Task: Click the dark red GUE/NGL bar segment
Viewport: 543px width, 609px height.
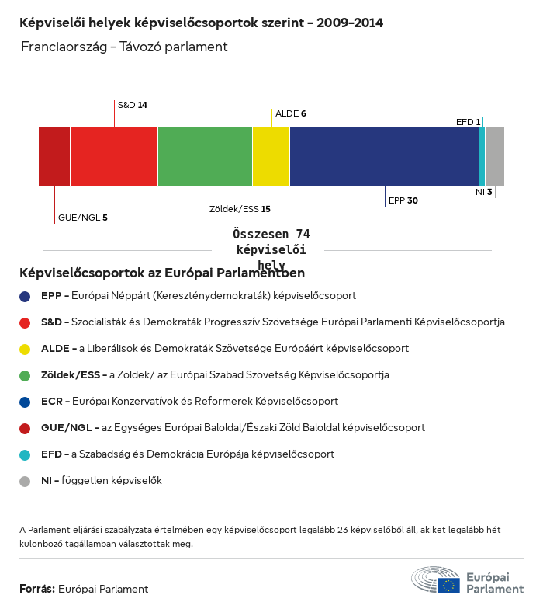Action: click(x=54, y=157)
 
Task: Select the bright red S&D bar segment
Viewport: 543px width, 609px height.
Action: click(x=114, y=157)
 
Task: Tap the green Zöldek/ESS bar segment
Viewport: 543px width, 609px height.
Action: click(x=205, y=157)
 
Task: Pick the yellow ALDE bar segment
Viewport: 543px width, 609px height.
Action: click(x=271, y=157)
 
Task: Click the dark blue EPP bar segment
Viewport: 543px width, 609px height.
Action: click(x=384, y=157)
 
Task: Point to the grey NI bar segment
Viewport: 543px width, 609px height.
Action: click(x=495, y=157)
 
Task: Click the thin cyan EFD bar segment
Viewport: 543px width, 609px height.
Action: click(x=482, y=157)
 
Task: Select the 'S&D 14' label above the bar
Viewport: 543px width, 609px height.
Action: click(x=132, y=104)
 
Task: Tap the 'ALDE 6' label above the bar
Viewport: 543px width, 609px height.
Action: click(x=291, y=113)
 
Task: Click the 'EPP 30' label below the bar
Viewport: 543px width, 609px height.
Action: click(x=403, y=200)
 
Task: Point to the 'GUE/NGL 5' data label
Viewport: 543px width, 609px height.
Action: click(x=82, y=217)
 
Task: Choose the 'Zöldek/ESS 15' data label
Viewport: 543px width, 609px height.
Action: click(x=240, y=209)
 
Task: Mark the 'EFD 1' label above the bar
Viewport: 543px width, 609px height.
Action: click(x=468, y=122)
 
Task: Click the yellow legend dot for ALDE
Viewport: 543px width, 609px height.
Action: click(x=26, y=349)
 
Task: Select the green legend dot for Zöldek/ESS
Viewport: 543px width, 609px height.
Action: click(x=26, y=375)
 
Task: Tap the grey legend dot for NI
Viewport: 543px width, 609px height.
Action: click(x=26, y=481)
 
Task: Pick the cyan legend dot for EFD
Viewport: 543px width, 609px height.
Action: click(x=26, y=454)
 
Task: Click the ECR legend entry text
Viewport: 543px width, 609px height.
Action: click(x=189, y=402)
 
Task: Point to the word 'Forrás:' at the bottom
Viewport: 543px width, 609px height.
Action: click(x=37, y=589)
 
